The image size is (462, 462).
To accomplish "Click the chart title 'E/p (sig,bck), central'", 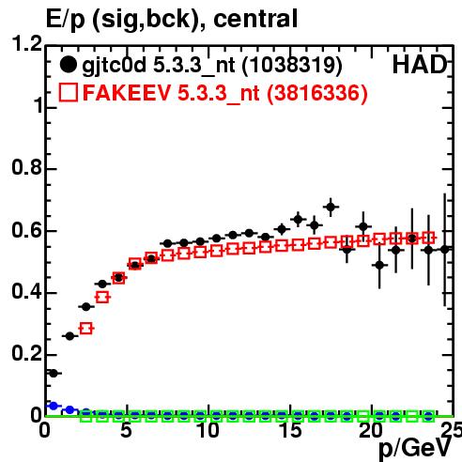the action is point(172,20).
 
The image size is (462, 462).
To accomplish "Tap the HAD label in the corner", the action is point(420,65).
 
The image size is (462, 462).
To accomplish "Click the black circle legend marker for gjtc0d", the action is point(68,65).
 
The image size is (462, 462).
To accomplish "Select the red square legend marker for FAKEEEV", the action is point(68,93).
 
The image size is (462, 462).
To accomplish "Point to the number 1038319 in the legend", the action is point(292,66).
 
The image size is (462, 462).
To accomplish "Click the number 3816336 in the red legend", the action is point(316,94).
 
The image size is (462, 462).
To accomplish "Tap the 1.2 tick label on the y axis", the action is point(26,43).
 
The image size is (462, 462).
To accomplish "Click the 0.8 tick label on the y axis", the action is point(26,167).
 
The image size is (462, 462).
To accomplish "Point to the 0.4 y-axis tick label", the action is point(26,292).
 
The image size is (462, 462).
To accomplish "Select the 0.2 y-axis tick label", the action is point(26,354).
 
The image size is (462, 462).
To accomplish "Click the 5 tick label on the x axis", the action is point(126,430).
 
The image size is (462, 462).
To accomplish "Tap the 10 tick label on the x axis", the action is point(208,430).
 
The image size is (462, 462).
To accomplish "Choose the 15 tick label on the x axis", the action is point(290,430).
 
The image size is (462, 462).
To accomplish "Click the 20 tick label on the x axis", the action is point(371,430).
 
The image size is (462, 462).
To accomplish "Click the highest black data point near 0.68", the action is point(331,207).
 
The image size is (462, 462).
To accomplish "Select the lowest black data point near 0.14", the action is point(54,373).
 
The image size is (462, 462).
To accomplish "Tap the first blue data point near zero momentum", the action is point(54,406).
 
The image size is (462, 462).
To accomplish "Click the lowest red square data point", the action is point(86,329).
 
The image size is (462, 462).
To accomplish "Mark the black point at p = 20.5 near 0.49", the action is point(379,265).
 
